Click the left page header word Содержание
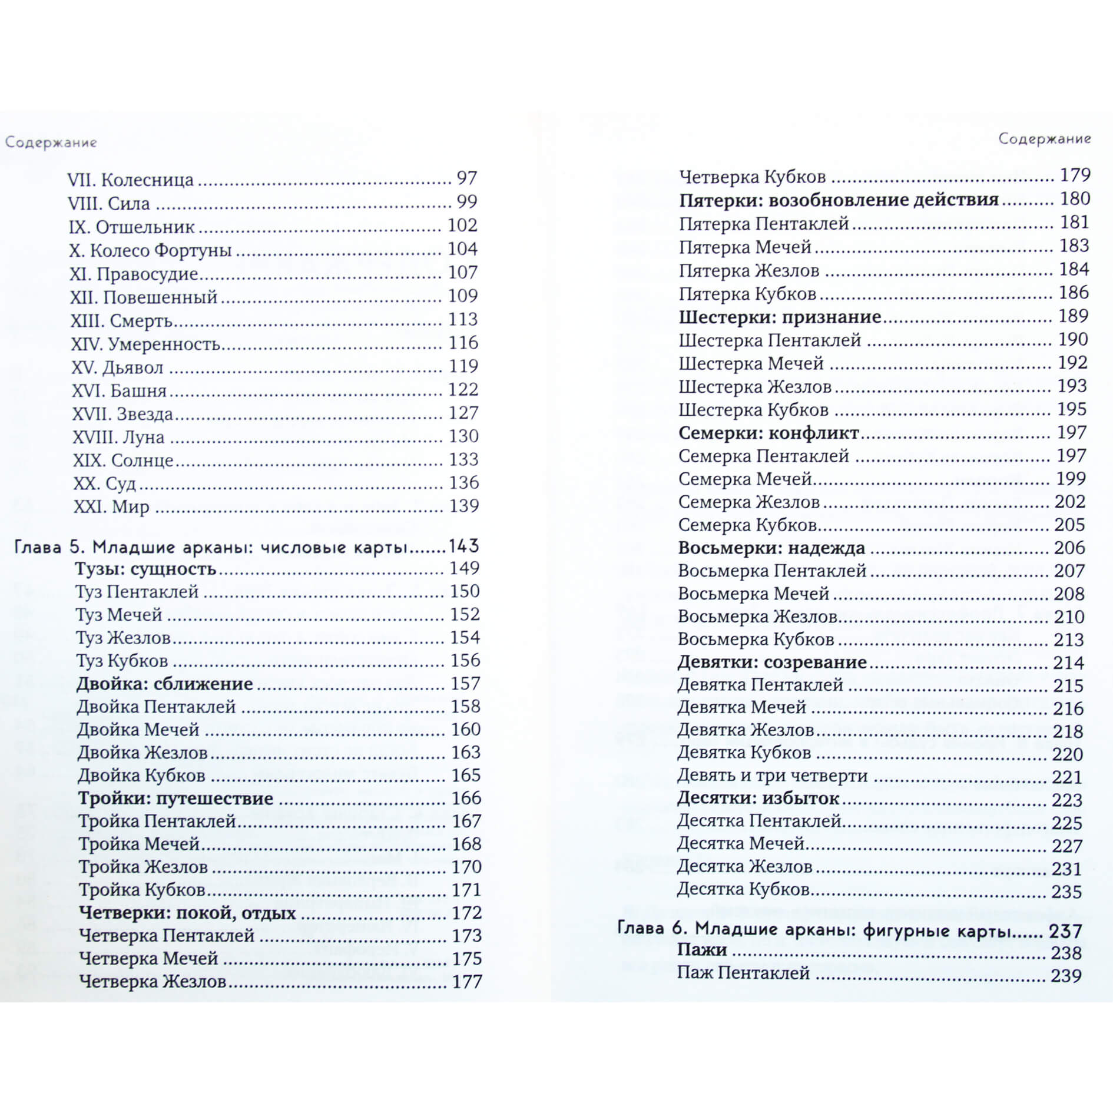(x=51, y=143)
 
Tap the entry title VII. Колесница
(x=130, y=179)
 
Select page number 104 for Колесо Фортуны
(x=462, y=249)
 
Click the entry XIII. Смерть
(x=121, y=320)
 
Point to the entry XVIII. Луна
(x=118, y=437)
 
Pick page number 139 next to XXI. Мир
(x=463, y=506)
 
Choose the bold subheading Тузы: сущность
(x=146, y=569)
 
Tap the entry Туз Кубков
(x=122, y=661)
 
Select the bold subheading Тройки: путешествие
(x=176, y=799)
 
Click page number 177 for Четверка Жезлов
(x=467, y=982)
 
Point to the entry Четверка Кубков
(x=753, y=177)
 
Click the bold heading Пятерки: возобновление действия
(x=839, y=200)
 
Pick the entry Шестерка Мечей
(x=751, y=363)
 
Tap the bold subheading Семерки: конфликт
(x=768, y=433)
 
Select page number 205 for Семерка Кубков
(x=1069, y=525)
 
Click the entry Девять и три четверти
(x=773, y=776)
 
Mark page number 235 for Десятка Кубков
(x=1066, y=892)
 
